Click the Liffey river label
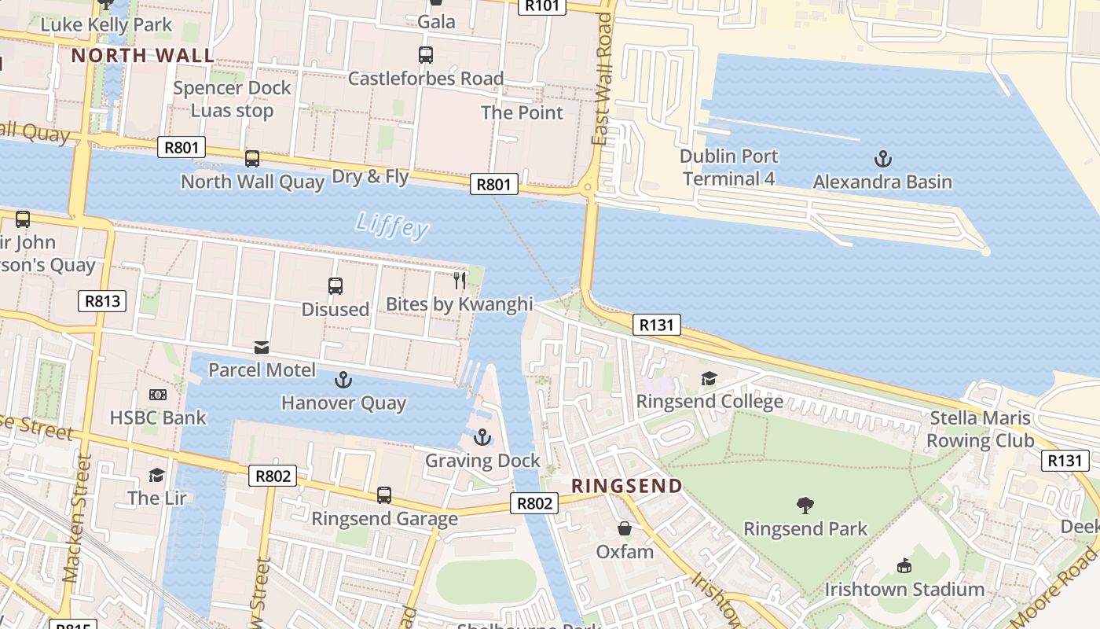coord(392,226)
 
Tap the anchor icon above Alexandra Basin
coord(883,159)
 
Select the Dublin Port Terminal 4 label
coord(728,167)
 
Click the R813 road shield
coord(102,300)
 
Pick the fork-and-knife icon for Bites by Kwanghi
coord(460,280)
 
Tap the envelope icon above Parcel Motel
coord(262,348)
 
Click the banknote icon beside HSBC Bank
coord(158,395)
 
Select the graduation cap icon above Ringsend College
coord(709,379)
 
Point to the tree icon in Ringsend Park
coord(805,505)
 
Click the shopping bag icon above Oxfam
coord(625,528)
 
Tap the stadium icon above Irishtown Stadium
coord(904,565)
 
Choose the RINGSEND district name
coord(626,486)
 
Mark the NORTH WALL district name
coord(142,56)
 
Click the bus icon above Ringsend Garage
coord(383,495)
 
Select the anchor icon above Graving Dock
coord(482,437)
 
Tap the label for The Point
coord(522,112)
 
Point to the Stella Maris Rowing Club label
coord(980,429)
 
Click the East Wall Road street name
coord(602,79)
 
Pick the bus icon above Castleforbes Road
coord(425,55)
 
